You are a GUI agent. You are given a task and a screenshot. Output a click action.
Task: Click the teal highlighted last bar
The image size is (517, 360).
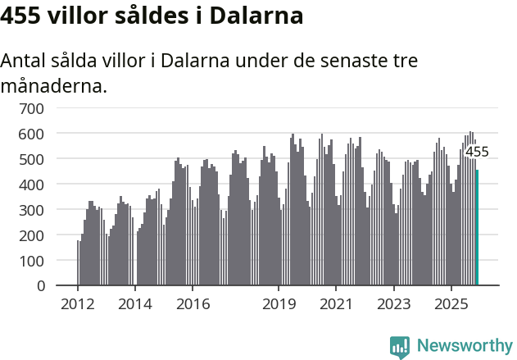pos(477,228)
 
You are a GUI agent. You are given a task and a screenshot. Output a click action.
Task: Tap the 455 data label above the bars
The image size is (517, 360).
pos(477,152)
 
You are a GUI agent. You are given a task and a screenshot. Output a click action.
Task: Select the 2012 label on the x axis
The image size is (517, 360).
pos(78,304)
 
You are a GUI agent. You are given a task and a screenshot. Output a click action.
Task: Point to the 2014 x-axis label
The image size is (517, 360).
pos(135,304)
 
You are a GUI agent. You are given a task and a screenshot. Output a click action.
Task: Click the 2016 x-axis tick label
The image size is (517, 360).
pos(193,304)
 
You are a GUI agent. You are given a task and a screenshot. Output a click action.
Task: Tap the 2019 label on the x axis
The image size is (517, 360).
pos(279,304)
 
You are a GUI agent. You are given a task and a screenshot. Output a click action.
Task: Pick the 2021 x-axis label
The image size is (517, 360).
pos(336,304)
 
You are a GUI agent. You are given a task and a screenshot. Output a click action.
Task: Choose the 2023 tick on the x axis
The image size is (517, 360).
pos(393,304)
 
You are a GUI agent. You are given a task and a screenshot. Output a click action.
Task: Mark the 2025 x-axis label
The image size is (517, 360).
pos(451,304)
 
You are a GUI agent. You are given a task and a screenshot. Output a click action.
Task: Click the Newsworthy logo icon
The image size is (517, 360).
pos(400,347)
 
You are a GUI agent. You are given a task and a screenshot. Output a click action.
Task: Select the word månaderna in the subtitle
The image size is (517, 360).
pos(53,85)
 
